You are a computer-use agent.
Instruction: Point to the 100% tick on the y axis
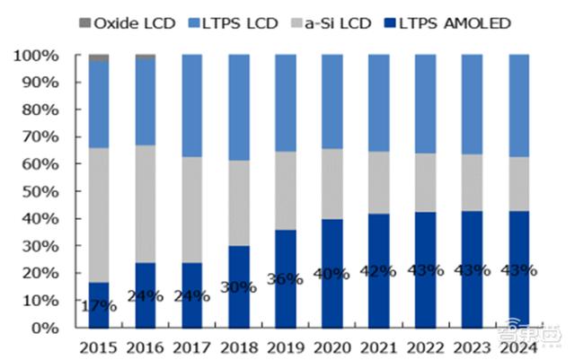(38, 56)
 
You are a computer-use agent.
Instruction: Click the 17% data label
(99, 306)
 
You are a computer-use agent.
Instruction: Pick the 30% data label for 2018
(239, 288)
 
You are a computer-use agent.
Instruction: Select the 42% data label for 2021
(379, 271)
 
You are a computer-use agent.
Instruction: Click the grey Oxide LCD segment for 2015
(99, 57)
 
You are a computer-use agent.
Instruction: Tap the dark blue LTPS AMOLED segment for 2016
(146, 295)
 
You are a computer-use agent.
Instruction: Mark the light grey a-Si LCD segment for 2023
(473, 183)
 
